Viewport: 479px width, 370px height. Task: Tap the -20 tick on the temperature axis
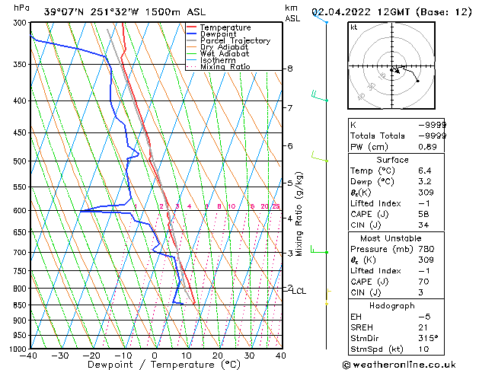click(91, 355)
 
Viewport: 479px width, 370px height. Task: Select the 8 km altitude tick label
click(290, 69)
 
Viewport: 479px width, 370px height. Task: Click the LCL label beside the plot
click(299, 291)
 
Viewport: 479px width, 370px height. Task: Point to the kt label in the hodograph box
click(353, 27)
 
